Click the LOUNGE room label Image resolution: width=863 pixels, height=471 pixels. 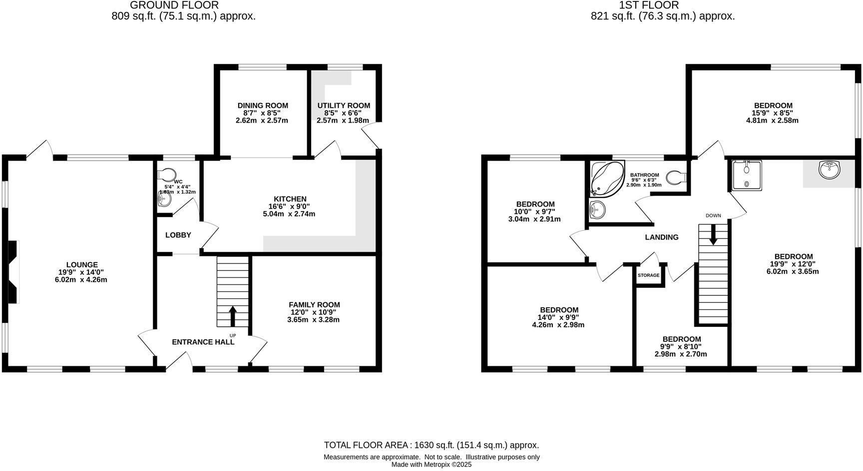82,264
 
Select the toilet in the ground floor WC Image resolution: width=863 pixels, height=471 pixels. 166,174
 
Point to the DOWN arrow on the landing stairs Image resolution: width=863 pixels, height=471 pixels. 713,235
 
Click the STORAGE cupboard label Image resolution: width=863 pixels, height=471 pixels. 648,275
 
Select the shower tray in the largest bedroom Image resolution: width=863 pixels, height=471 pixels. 747,175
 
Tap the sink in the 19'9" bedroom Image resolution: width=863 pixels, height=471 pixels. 830,170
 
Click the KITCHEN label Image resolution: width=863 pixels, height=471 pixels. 290,199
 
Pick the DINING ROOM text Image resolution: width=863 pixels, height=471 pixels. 263,105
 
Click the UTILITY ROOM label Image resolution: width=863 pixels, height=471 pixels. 344,105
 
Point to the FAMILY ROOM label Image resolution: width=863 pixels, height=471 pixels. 314,304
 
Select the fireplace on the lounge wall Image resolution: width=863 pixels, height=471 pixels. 13,272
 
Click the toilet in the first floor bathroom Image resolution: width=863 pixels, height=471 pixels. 678,177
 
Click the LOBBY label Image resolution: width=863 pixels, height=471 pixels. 178,235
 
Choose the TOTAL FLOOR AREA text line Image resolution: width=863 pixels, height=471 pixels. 431,445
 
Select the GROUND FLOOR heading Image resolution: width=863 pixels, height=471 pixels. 174,5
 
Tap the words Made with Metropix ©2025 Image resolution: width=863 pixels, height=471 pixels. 431,465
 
